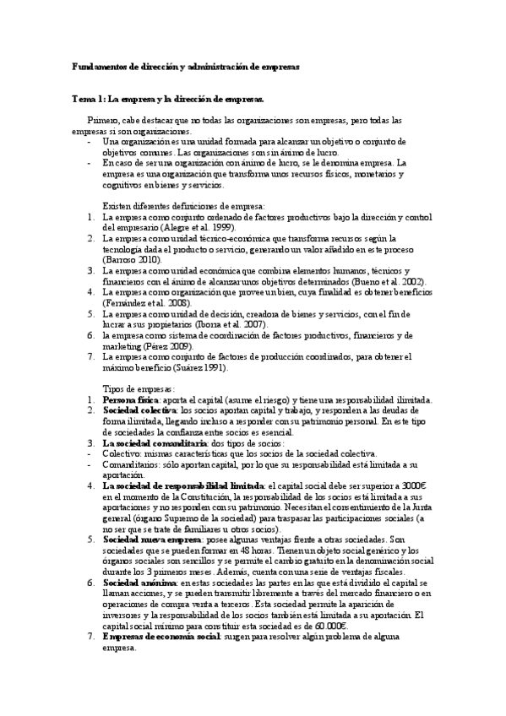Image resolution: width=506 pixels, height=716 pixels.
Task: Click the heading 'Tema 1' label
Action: pos(86,100)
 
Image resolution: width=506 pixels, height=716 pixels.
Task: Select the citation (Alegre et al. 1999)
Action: pos(198,228)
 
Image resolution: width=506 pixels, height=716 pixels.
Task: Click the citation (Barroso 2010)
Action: pos(130,260)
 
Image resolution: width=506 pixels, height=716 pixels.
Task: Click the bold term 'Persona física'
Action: pos(129,399)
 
